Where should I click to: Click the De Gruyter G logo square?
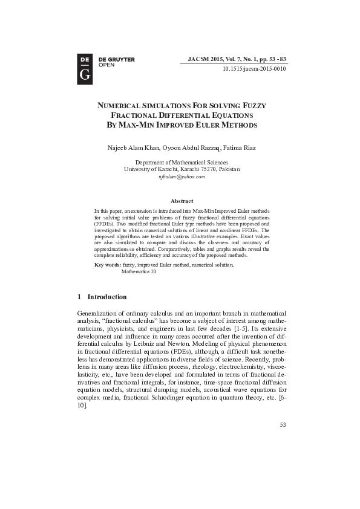point(85,68)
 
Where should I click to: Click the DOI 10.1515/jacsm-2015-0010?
point(254,69)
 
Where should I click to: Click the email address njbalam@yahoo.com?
point(182,177)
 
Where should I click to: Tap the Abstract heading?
point(182,201)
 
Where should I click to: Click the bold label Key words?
point(108,265)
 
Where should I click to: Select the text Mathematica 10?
point(139,272)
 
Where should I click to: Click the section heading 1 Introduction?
point(102,297)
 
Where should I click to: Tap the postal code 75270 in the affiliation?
point(200,170)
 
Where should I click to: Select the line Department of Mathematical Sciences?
point(182,163)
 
